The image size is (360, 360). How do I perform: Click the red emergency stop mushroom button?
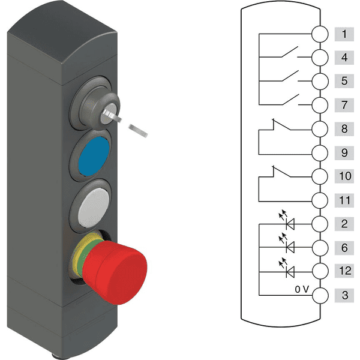[x=115, y=272]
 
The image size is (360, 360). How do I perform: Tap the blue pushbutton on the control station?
[x=94, y=156]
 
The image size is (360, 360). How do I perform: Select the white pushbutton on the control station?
[x=94, y=208]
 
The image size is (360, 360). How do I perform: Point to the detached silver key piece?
[x=138, y=131]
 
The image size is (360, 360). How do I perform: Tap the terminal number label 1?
[x=344, y=34]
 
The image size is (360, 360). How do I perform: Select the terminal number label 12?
[x=344, y=271]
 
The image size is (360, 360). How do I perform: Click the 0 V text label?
[x=302, y=289]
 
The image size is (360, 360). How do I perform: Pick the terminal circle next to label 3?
[x=320, y=295]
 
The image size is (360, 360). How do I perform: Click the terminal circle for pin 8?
[x=320, y=129]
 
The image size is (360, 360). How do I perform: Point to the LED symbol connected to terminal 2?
[x=287, y=221]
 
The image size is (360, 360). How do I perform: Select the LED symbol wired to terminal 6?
[x=287, y=244]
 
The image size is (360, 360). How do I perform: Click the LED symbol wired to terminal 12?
[x=287, y=269]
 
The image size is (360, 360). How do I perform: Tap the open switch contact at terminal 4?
[x=290, y=52]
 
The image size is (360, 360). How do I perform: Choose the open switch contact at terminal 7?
[x=290, y=100]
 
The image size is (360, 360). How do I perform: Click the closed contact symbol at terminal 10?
[x=281, y=172]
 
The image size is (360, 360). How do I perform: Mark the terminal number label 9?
[x=344, y=152]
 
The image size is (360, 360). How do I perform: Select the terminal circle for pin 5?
[x=320, y=81]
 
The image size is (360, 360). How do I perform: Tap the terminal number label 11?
[x=344, y=200]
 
